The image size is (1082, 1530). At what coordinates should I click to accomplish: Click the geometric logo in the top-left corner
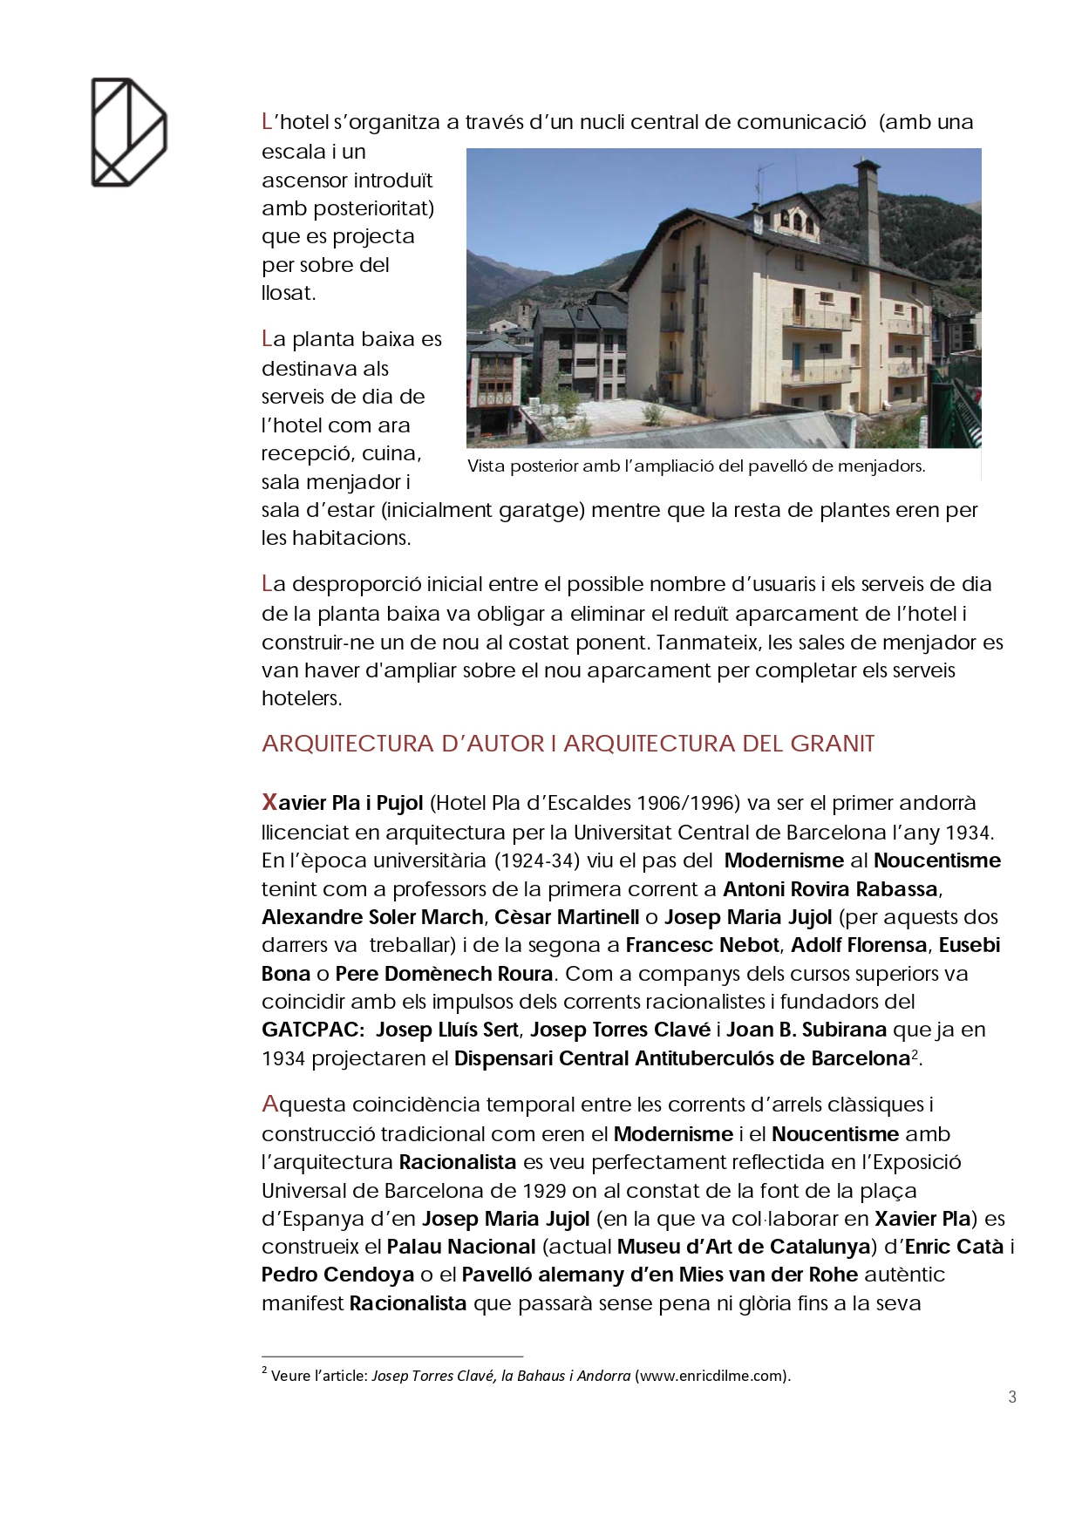click(129, 133)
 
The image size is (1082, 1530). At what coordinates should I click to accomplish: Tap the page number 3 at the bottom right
click(1011, 1397)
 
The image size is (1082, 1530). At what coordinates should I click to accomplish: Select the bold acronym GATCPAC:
click(313, 1030)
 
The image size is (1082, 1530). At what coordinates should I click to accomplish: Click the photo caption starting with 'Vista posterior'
click(696, 466)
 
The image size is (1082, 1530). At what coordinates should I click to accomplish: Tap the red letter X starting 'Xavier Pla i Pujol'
click(269, 802)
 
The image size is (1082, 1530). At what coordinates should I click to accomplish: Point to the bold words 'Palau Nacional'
click(461, 1247)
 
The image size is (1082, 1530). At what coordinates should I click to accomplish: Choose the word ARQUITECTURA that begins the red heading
click(348, 744)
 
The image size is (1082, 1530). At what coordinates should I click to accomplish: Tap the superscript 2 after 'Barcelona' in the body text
click(915, 1055)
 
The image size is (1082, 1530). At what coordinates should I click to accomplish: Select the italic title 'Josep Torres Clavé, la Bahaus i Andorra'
click(500, 1376)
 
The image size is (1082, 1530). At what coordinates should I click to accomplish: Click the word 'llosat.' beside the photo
click(289, 293)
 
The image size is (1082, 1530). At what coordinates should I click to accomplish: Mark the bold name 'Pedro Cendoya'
click(337, 1275)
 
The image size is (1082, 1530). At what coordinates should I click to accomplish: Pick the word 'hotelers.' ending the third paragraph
click(302, 698)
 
